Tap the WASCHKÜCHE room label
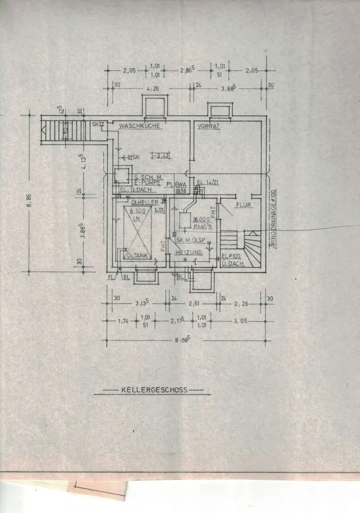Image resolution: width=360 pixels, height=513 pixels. [139, 126]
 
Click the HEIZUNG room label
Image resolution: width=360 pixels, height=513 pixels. [189, 252]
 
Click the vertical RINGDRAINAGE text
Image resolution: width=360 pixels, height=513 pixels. [274, 218]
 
